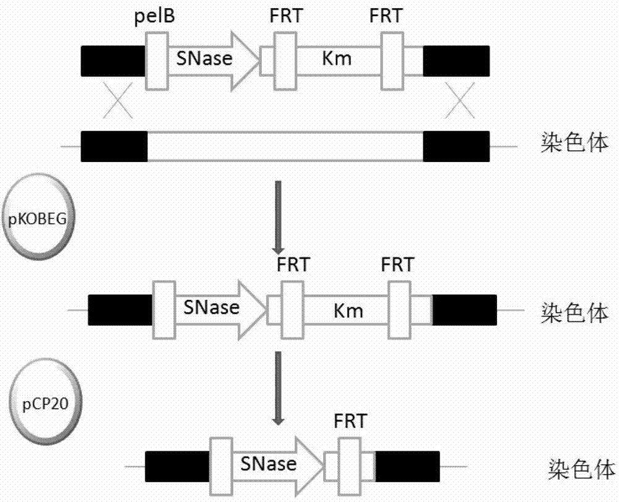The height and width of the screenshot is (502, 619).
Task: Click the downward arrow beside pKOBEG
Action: tap(278, 216)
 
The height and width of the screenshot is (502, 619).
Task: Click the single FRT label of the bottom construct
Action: tap(350, 421)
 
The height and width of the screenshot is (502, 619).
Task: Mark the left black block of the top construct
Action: tap(113, 60)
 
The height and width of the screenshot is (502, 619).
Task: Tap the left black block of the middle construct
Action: tap(120, 309)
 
